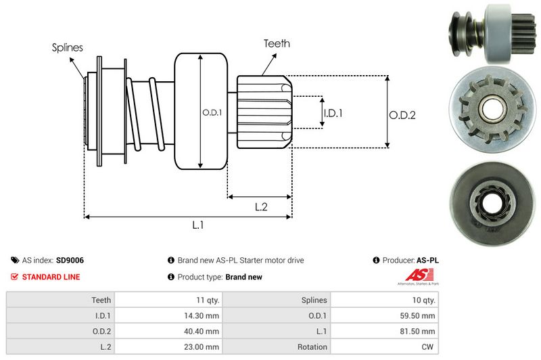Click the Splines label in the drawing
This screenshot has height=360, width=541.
click(68, 47)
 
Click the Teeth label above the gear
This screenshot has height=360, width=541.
click(276, 43)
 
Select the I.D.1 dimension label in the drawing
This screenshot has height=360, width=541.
click(333, 113)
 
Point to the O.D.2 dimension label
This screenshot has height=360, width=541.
click(402, 115)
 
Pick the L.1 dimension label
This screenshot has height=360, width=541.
click(198, 225)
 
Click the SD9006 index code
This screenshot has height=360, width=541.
click(70, 260)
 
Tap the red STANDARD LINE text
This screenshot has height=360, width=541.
click(51, 277)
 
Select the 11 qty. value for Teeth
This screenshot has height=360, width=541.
click(206, 300)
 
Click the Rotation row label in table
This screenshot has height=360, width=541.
click(312, 346)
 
